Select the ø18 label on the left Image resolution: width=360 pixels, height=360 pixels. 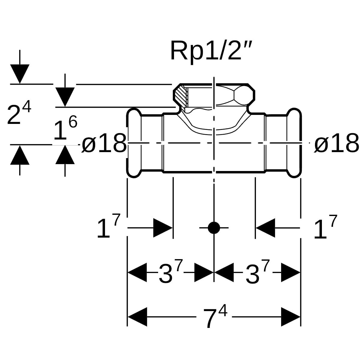[x=104, y=143]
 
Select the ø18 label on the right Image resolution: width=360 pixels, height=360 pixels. [x=336, y=143]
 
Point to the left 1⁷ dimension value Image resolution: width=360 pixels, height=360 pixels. [x=108, y=226]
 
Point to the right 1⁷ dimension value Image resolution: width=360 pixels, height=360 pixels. [x=325, y=226]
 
